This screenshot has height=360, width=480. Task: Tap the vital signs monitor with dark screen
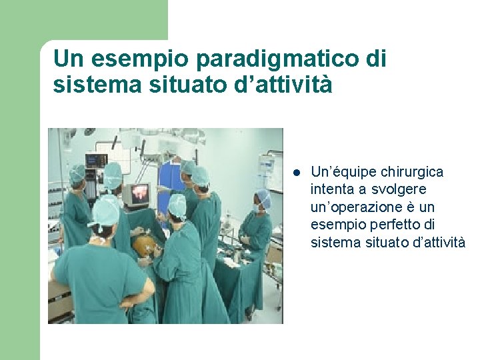click(x=96, y=161)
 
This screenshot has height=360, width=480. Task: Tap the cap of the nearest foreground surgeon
click(x=105, y=210)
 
